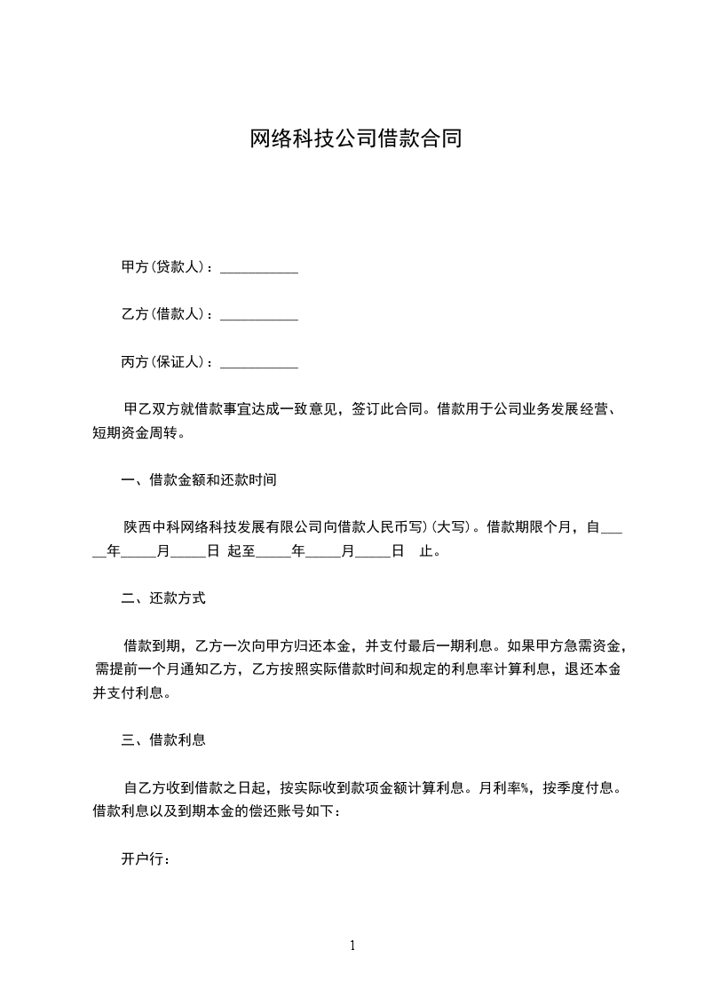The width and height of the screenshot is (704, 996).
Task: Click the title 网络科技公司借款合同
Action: (x=355, y=139)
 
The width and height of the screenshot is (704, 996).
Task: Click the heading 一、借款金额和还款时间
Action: (x=199, y=480)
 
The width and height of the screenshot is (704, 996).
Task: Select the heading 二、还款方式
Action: (x=163, y=598)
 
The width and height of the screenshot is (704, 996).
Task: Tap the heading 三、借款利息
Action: (x=163, y=739)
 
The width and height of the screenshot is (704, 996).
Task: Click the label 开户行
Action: (x=145, y=858)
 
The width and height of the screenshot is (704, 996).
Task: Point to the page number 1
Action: (x=352, y=945)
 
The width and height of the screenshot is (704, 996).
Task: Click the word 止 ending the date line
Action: (x=425, y=551)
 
